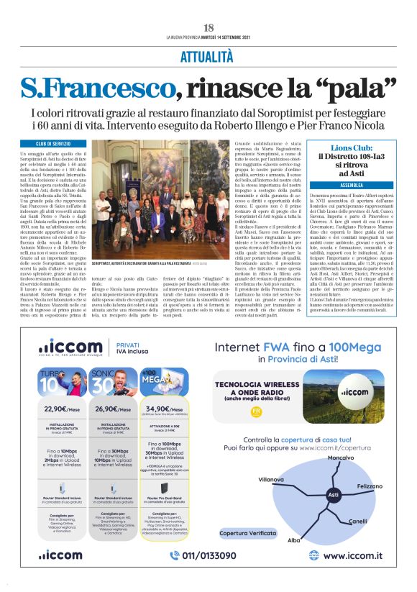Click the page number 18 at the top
[x=208, y=27]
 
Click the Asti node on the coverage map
[x=333, y=496]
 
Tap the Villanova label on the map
[x=272, y=478]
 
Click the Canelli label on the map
[x=357, y=521]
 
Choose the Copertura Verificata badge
[x=248, y=533]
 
